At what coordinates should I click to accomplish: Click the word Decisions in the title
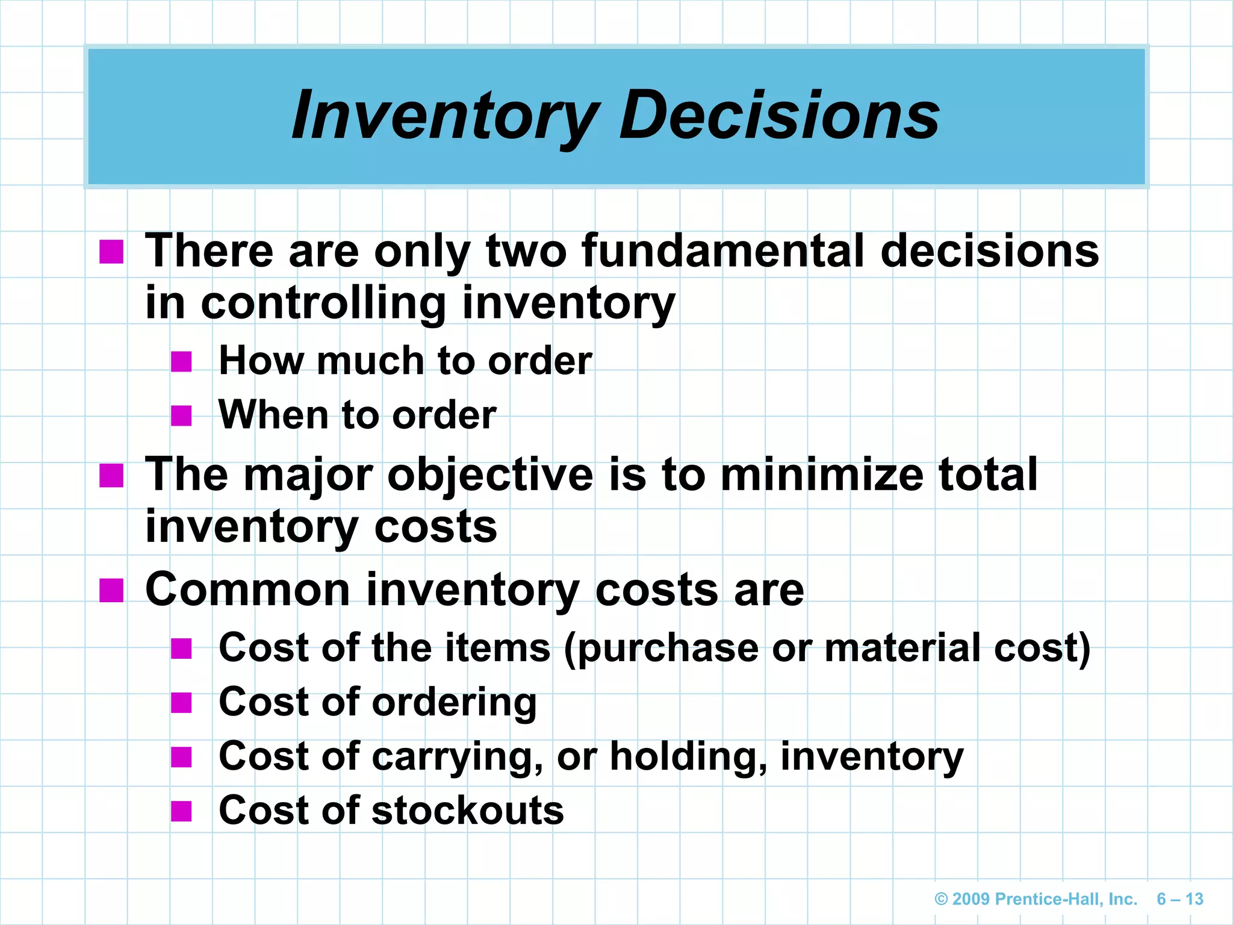click(x=779, y=116)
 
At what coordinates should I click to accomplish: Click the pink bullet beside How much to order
click(x=181, y=361)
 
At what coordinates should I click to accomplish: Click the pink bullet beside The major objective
click(x=111, y=475)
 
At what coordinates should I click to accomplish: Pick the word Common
click(x=247, y=590)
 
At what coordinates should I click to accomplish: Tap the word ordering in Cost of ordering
click(x=454, y=703)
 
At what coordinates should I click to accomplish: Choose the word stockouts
click(x=468, y=811)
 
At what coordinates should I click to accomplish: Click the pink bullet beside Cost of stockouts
click(x=181, y=811)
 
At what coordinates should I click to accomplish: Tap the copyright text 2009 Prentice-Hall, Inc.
click(x=1036, y=899)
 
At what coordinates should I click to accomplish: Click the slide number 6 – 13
click(x=1179, y=899)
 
